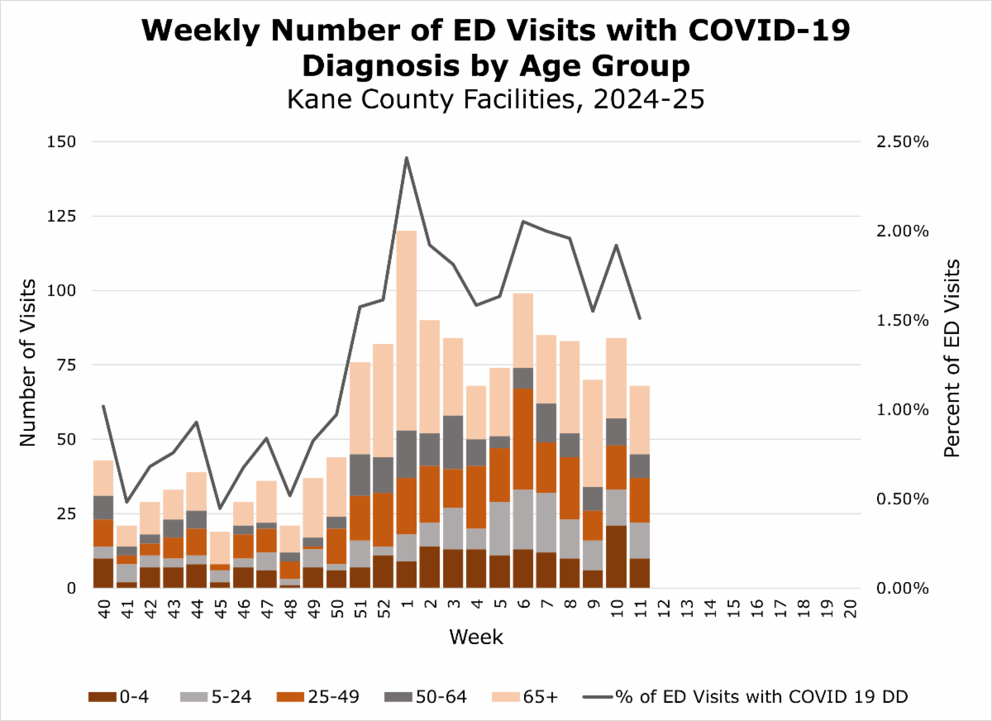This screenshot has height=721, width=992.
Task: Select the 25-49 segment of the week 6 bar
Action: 522,438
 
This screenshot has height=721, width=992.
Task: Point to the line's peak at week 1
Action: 407,157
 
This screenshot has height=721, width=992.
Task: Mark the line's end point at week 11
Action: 639,318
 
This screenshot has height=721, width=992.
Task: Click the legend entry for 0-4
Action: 133,697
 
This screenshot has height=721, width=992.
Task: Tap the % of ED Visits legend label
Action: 761,697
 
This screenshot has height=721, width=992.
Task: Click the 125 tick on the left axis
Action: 60,217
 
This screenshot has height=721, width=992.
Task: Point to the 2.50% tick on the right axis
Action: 901,142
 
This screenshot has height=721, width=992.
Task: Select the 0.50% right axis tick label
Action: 901,499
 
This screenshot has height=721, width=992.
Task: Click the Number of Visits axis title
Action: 29,364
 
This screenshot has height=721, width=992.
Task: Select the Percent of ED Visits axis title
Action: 952,358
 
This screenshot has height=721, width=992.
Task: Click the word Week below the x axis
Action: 476,637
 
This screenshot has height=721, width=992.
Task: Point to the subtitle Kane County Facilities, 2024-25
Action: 495,100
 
